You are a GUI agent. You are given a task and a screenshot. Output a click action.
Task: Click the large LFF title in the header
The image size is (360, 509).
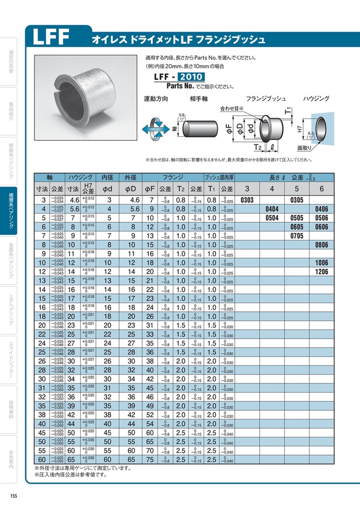[51, 37]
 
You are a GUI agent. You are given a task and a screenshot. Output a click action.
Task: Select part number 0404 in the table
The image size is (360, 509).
[271, 209]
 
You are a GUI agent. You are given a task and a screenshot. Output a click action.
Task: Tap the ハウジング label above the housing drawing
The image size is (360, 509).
[316, 99]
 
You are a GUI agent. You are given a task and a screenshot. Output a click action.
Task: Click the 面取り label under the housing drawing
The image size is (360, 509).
[305, 148]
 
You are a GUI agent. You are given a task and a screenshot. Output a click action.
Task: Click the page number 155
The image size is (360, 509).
[14, 495]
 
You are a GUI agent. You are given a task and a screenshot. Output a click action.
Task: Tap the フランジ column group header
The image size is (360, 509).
[173, 177]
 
